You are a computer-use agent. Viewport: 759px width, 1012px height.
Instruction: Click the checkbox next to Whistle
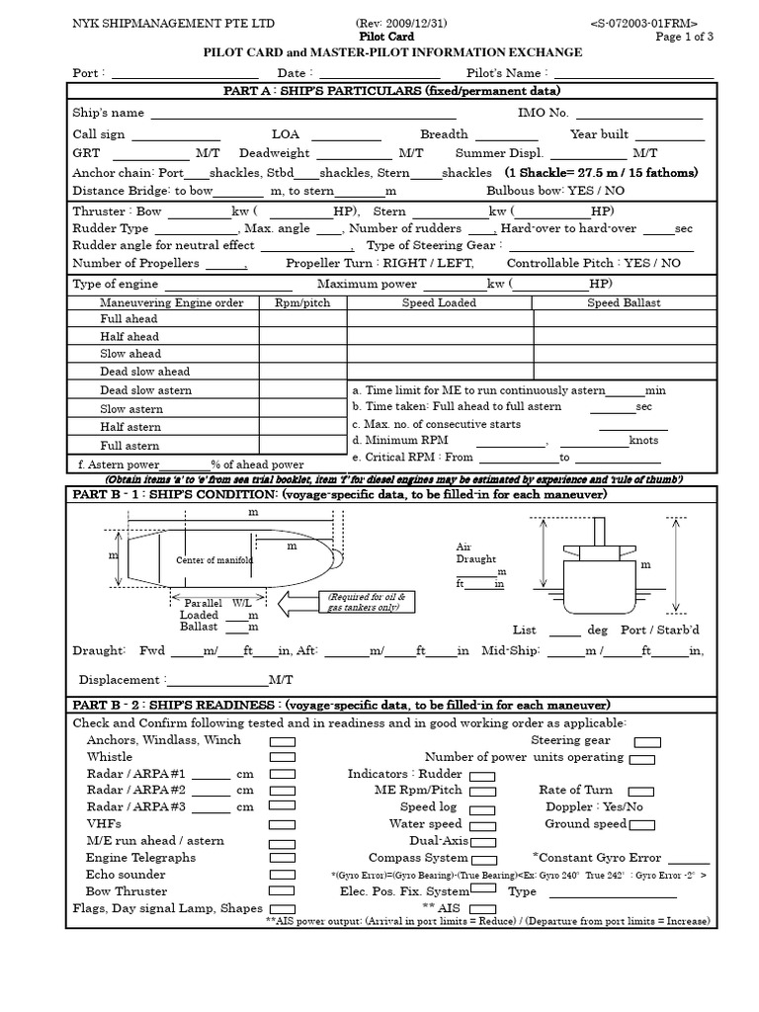(x=283, y=757)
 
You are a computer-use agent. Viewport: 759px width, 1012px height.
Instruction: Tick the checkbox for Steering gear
(x=647, y=740)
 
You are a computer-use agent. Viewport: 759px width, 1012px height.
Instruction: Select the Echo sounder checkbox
(x=283, y=876)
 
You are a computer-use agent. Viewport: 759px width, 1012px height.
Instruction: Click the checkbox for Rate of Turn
(x=640, y=791)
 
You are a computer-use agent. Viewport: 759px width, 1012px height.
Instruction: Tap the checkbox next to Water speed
(x=482, y=824)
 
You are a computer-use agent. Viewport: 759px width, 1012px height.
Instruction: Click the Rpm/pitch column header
(x=302, y=302)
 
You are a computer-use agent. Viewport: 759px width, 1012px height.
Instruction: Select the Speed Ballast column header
(x=624, y=302)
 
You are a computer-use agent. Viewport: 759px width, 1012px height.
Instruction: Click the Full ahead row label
(x=129, y=320)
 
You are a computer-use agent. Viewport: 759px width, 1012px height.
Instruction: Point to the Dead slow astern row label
(x=145, y=390)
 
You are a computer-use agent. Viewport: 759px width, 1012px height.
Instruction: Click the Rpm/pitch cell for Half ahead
(x=302, y=337)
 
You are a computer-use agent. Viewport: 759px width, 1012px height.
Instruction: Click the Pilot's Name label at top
(x=504, y=74)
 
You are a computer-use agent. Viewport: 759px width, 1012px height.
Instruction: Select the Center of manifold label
(x=214, y=560)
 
